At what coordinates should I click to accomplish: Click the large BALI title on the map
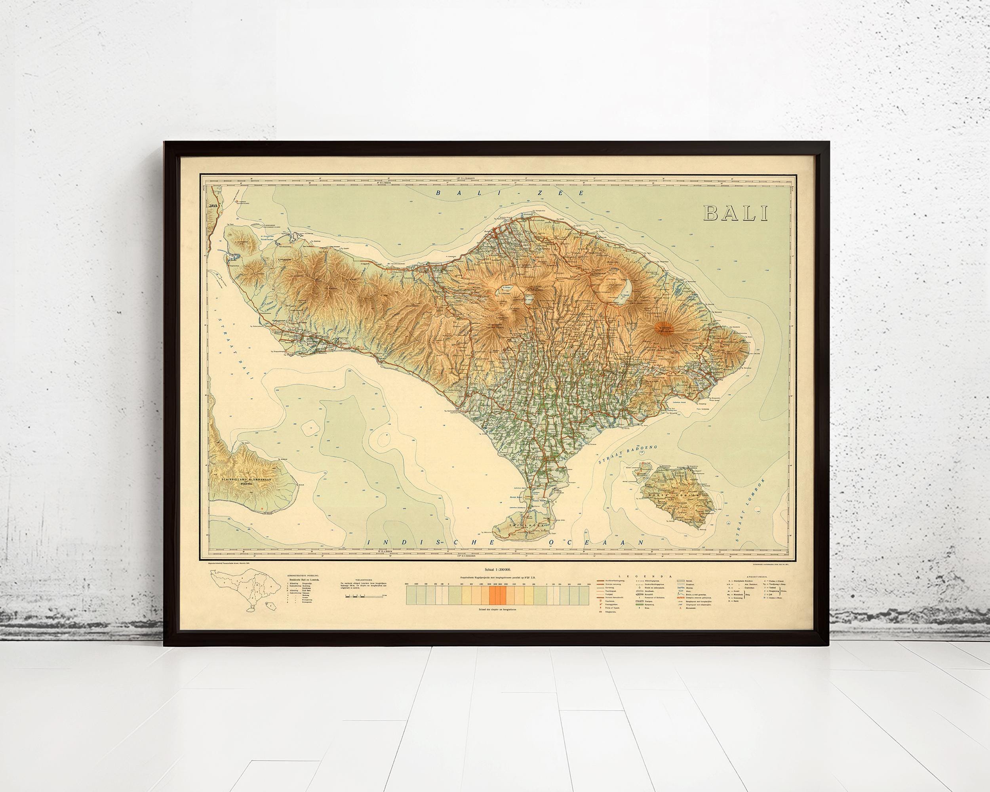tap(735, 213)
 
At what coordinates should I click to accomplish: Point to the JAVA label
tap(212, 207)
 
